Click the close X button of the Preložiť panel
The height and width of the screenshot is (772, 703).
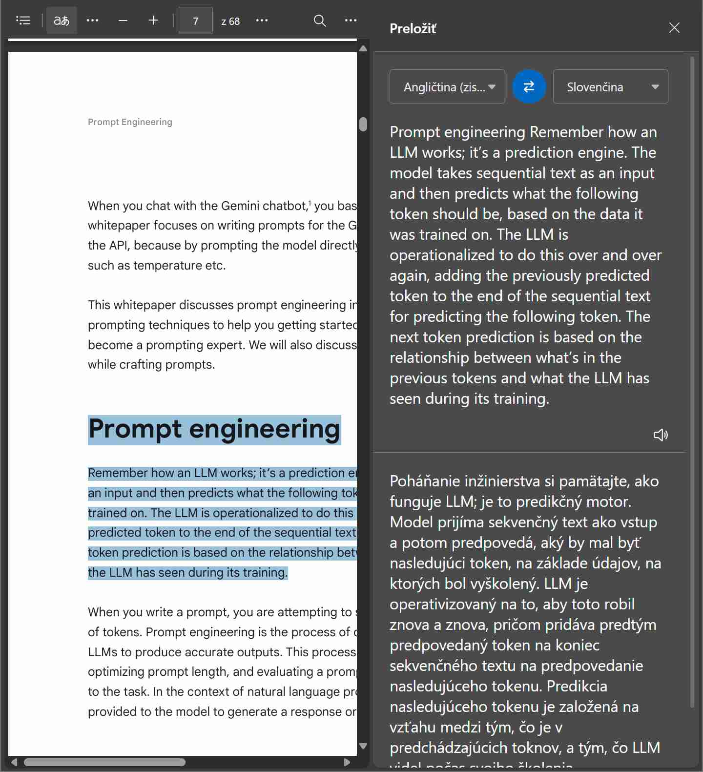[x=674, y=28]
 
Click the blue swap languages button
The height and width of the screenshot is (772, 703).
[x=529, y=87]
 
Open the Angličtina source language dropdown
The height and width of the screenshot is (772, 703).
[x=447, y=87]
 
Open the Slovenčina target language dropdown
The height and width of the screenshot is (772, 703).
[x=610, y=87]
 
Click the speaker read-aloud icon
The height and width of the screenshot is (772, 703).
[x=661, y=435]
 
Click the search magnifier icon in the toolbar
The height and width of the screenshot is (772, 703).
[x=320, y=21]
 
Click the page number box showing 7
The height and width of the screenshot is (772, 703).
[x=195, y=21]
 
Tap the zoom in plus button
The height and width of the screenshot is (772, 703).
[x=153, y=21]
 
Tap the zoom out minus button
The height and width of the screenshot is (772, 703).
[x=123, y=21]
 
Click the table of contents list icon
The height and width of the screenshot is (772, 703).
[x=23, y=21]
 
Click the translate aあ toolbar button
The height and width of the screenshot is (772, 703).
[x=62, y=21]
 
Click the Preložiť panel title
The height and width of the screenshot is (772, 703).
[x=413, y=29]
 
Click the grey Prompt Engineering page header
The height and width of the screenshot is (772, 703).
[x=130, y=122]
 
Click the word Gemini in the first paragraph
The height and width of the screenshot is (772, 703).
[x=240, y=206]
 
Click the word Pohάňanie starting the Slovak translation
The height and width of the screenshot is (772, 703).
[x=423, y=481]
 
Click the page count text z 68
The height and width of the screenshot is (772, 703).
[x=230, y=21]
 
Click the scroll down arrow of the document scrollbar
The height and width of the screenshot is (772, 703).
[x=363, y=746]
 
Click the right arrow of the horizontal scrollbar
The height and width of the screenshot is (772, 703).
[x=347, y=762]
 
